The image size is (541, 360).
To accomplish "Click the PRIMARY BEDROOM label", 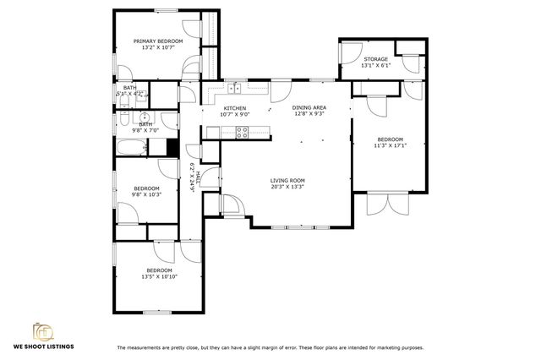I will [x=158, y=41].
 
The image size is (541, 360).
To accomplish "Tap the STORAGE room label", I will [x=376, y=59].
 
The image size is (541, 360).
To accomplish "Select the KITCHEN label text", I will [x=234, y=108].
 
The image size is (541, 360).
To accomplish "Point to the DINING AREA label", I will [x=309, y=108].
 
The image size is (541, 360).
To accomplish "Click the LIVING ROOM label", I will [x=287, y=181].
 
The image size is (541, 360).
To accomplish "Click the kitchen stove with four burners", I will [x=242, y=131].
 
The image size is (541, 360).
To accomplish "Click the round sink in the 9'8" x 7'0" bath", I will [x=145, y=117].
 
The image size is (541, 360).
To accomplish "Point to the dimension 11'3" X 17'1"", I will [x=391, y=145].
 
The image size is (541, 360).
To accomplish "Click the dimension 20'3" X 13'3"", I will [x=287, y=187].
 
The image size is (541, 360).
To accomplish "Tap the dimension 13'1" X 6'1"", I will [x=376, y=65].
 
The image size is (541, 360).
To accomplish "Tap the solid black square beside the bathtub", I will [x=172, y=147].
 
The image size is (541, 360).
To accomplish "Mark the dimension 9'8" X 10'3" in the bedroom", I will [x=146, y=194].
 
